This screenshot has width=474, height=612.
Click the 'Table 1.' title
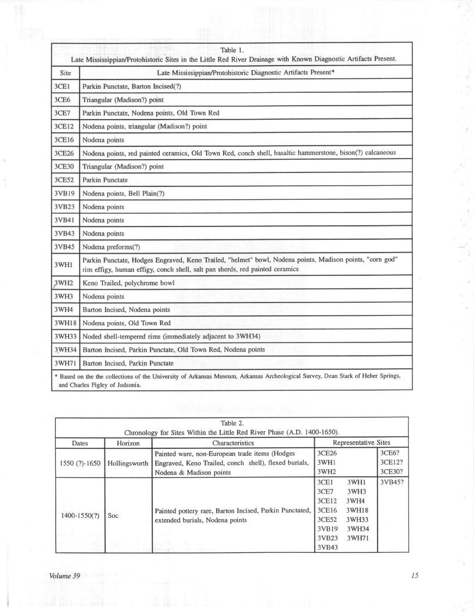pyautogui.click(x=232, y=50)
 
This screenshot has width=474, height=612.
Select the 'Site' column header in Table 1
pyautogui.click(x=65, y=73)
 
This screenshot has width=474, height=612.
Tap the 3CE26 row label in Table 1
pyautogui.click(x=65, y=153)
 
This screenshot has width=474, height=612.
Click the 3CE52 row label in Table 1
pyautogui.click(x=65, y=179)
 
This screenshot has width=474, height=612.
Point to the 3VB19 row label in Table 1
pyautogui.click(x=65, y=193)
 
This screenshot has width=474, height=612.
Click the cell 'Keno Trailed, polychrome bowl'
pyautogui.click(x=128, y=283)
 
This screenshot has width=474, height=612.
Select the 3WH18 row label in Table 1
pyautogui.click(x=65, y=323)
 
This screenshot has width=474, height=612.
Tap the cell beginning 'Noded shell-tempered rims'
pyautogui.click(x=168, y=336)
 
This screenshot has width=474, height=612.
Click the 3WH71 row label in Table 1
pyautogui.click(x=65, y=363)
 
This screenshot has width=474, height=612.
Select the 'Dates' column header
pyautogui.click(x=80, y=442)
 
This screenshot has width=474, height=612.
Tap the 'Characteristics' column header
pyautogui.click(x=233, y=442)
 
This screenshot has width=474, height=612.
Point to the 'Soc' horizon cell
pyautogui.click(x=113, y=515)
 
